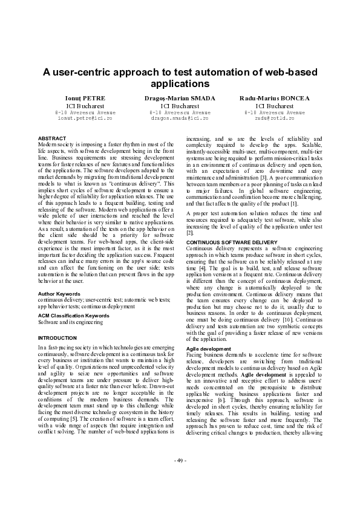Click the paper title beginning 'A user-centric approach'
pyautogui.click(x=180, y=77)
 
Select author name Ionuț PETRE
pyautogui.click(x=85, y=98)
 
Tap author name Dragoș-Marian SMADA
pyautogui.click(x=180, y=98)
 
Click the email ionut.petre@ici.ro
pyautogui.click(x=85, y=118)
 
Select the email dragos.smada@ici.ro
pyautogui.click(x=180, y=118)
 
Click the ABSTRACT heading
pyautogui.click(x=52, y=138)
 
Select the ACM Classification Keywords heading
pyautogui.click(x=73, y=316)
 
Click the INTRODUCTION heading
pyautogui.click(x=57, y=337)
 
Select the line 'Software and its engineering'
pyautogui.click(x=70, y=322)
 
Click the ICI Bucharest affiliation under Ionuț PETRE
pyautogui.click(x=85, y=105)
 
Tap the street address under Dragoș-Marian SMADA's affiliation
pyautogui.click(x=180, y=112)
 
